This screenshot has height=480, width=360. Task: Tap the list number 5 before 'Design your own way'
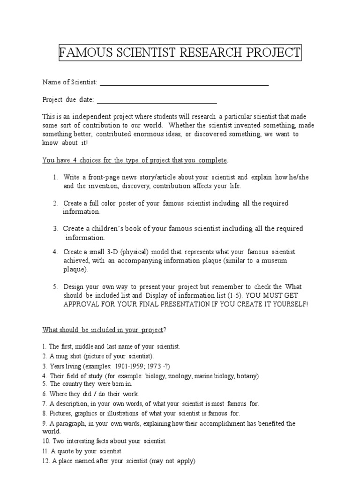[54, 287]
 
